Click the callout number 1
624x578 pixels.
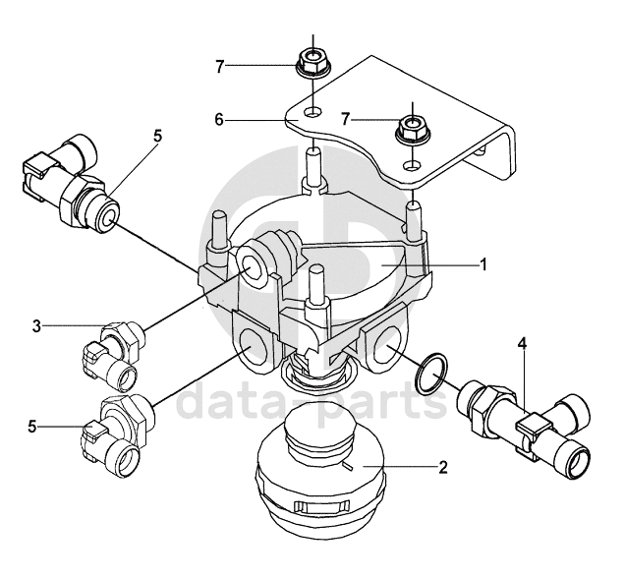click(x=483, y=263)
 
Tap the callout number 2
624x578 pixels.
click(x=443, y=467)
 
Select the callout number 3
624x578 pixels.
click(x=36, y=326)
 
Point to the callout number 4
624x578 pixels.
click(x=522, y=344)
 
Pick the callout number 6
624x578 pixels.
click(x=219, y=119)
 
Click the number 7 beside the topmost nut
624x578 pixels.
click(x=220, y=67)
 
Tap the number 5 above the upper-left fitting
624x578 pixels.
click(x=158, y=136)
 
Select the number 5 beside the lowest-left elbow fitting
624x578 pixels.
click(x=31, y=427)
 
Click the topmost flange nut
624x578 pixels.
click(x=313, y=62)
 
